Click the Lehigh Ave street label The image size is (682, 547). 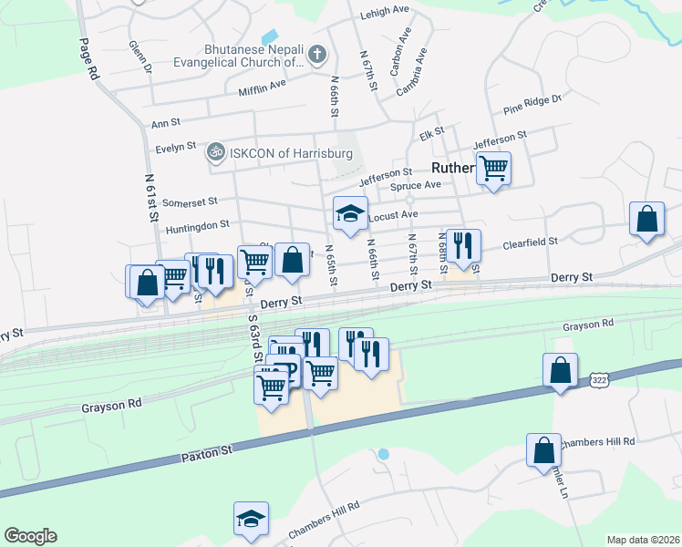coord(386,10)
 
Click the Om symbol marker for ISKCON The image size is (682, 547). coord(216,150)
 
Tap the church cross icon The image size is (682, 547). coord(316,55)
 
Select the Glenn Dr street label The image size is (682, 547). coord(139,56)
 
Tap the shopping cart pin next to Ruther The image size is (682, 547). coord(493,169)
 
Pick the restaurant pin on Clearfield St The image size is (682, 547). coord(463,245)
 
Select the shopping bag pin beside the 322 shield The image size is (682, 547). coord(560,370)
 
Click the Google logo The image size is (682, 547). coord(30,536)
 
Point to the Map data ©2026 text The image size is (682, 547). coord(643,540)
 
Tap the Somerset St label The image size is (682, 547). coord(187,201)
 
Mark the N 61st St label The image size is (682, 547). coord(151,199)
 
